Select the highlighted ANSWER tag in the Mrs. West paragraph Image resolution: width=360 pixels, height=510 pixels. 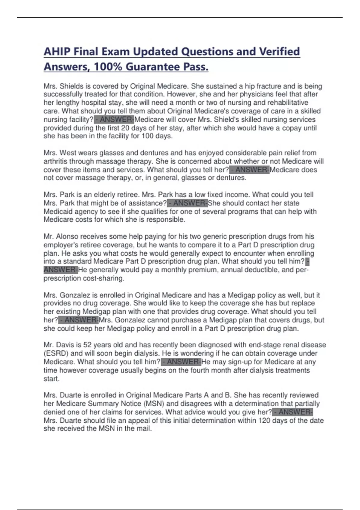pos(250,170)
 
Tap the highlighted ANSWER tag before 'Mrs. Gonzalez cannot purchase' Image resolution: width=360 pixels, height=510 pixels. pos(79,320)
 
